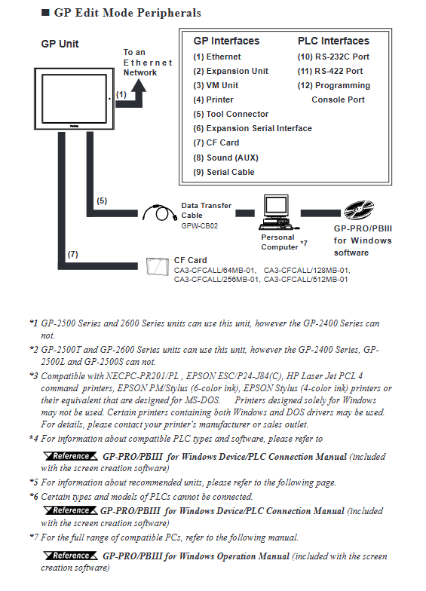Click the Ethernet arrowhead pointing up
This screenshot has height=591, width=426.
tap(139, 86)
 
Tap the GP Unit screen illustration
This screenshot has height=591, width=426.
tap(74, 99)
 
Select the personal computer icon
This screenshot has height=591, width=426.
tap(278, 213)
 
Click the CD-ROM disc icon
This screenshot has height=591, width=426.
tap(359, 210)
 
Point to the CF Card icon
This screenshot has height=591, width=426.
tap(157, 267)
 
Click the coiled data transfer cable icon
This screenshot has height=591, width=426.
tap(160, 213)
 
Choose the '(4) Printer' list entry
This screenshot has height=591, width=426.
tap(213, 100)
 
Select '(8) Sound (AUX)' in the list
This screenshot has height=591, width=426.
tap(226, 158)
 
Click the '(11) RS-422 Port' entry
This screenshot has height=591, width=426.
tap(330, 71)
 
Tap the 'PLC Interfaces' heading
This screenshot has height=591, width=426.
tap(333, 41)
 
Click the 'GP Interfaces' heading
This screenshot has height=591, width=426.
tap(226, 41)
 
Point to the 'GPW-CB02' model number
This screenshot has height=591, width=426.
tap(199, 226)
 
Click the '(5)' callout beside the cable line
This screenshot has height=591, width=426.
tap(102, 201)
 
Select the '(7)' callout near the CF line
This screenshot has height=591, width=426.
tap(72, 255)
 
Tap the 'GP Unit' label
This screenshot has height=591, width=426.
tap(60, 44)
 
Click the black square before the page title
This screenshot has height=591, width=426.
tap(45, 13)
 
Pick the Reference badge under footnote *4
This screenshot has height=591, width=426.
tap(71, 457)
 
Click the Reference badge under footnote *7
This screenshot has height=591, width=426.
tap(71, 556)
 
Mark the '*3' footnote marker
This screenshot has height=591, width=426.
tap(34, 375)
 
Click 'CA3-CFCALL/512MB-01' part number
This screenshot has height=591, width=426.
tap(306, 280)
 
